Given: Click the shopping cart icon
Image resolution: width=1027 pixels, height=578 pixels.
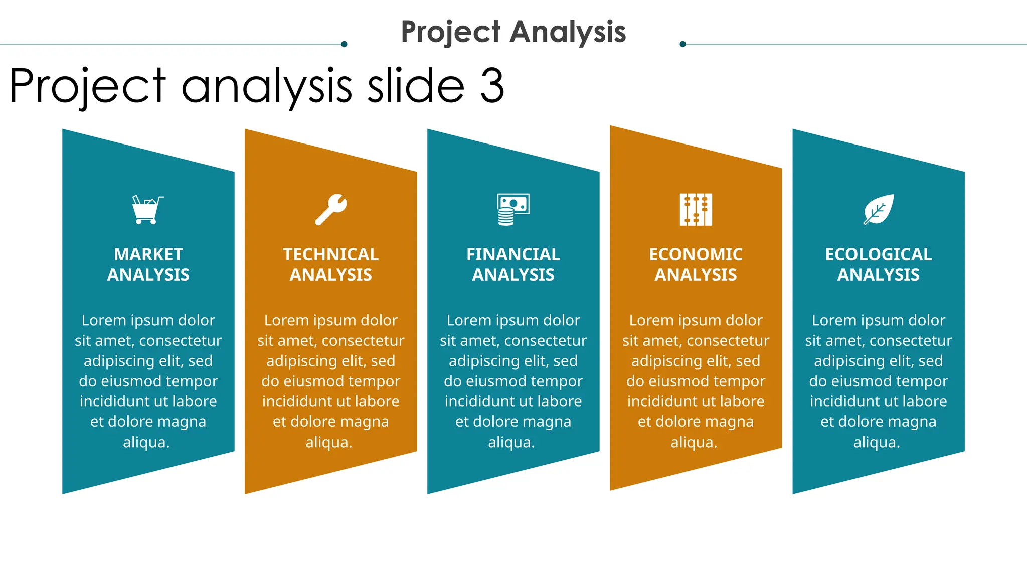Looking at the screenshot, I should pyautogui.click(x=147, y=210).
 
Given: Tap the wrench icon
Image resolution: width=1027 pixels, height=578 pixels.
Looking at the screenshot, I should pyautogui.click(x=331, y=209).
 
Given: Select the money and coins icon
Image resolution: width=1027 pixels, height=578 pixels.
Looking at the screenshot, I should pyautogui.click(x=513, y=209).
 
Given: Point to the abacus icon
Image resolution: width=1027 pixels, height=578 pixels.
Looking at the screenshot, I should pyautogui.click(x=696, y=209).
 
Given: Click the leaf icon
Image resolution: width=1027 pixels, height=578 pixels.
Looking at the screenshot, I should pyautogui.click(x=879, y=209).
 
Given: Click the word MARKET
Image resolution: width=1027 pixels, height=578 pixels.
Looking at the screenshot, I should pyautogui.click(x=148, y=254).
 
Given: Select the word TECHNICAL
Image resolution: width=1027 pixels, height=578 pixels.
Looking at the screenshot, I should pyautogui.click(x=331, y=254).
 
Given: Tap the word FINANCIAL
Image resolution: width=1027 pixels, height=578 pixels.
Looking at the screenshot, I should pyautogui.click(x=513, y=254).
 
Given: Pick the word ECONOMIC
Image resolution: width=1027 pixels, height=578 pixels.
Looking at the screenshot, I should pyautogui.click(x=696, y=254).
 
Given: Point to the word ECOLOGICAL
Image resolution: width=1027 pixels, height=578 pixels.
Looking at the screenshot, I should pyautogui.click(x=879, y=254).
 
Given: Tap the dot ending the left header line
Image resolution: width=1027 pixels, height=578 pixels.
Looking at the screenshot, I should pyautogui.click(x=344, y=44).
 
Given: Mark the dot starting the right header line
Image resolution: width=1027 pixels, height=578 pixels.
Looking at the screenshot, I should pyautogui.click(x=682, y=44).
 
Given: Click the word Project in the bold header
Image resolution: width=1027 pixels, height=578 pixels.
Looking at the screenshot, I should pyautogui.click(x=450, y=32).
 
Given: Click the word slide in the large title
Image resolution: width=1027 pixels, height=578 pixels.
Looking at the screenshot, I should pyautogui.click(x=416, y=86).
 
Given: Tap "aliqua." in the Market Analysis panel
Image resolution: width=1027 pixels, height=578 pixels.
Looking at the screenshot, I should pyautogui.click(x=146, y=442).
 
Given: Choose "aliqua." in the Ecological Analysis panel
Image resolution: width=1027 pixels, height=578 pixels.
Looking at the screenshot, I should pyautogui.click(x=877, y=442).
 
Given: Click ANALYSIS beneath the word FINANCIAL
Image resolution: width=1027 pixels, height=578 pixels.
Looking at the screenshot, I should pyautogui.click(x=513, y=275).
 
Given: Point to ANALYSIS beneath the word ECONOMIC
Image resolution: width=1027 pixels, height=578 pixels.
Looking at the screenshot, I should pyautogui.click(x=696, y=275).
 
